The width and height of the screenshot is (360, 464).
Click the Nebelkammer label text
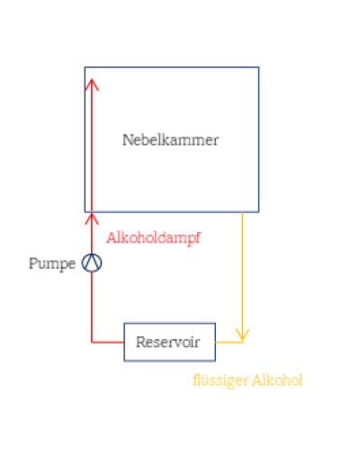pos(170,140)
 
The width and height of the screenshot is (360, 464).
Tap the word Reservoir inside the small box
pos(167,342)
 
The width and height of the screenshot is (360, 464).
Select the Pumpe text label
pos(52,264)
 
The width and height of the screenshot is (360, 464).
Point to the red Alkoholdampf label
pos(153,238)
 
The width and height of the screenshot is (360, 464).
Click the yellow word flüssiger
pos(220,380)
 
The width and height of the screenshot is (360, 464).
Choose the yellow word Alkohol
pos(277,380)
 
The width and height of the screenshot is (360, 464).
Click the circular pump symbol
pos(92,263)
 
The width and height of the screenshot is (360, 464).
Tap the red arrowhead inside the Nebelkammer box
pos(92,85)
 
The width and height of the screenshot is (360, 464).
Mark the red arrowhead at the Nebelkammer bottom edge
pos(92,219)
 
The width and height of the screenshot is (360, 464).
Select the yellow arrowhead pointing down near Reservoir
pos(242,335)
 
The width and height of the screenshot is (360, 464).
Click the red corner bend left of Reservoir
pos(92,342)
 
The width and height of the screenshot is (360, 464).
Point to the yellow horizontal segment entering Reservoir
pos(229,342)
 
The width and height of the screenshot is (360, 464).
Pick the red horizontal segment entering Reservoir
pos(108,342)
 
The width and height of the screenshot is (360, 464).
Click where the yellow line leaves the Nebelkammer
pos(242,212)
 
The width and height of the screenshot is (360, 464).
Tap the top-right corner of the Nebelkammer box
pos(258,67)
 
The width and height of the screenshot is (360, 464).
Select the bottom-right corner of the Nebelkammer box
pos(258,212)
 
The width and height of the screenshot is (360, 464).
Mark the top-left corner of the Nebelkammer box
pos(85,67)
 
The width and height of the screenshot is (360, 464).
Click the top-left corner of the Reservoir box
pos(124,324)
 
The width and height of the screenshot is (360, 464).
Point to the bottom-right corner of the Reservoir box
pos(215,361)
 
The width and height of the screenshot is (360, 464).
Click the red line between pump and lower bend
pos(92,308)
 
